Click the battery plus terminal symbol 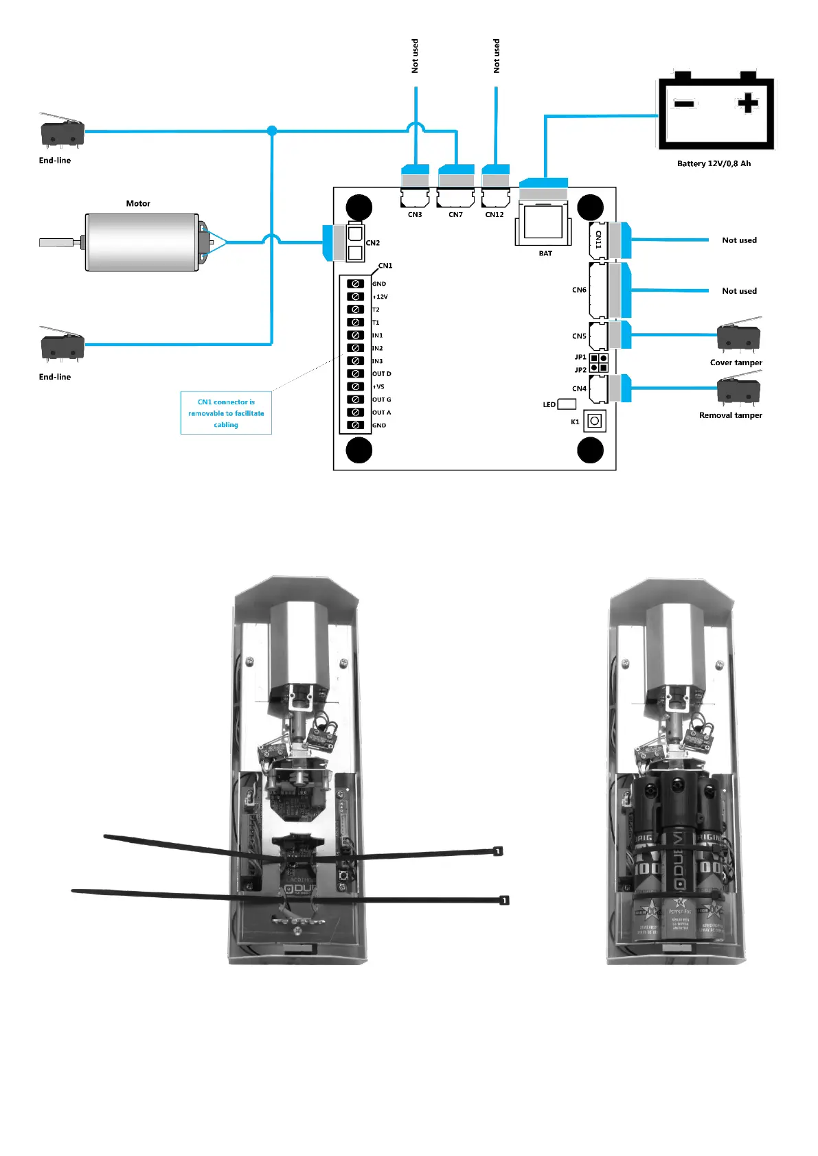[x=747, y=104]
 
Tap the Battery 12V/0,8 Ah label [x=714, y=163]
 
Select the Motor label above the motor [x=138, y=203]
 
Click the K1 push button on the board [x=595, y=421]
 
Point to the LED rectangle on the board [x=567, y=404]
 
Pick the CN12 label [x=495, y=215]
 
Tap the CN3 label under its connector [x=415, y=215]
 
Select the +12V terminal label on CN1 [x=380, y=297]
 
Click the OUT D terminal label [x=381, y=374]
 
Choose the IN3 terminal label [x=378, y=361]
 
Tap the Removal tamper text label [x=730, y=415]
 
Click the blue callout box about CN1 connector [x=226, y=413]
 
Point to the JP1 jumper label [x=580, y=357]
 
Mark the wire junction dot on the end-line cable [x=272, y=130]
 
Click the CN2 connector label [x=373, y=243]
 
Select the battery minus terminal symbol [x=684, y=104]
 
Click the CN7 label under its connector [x=455, y=215]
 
